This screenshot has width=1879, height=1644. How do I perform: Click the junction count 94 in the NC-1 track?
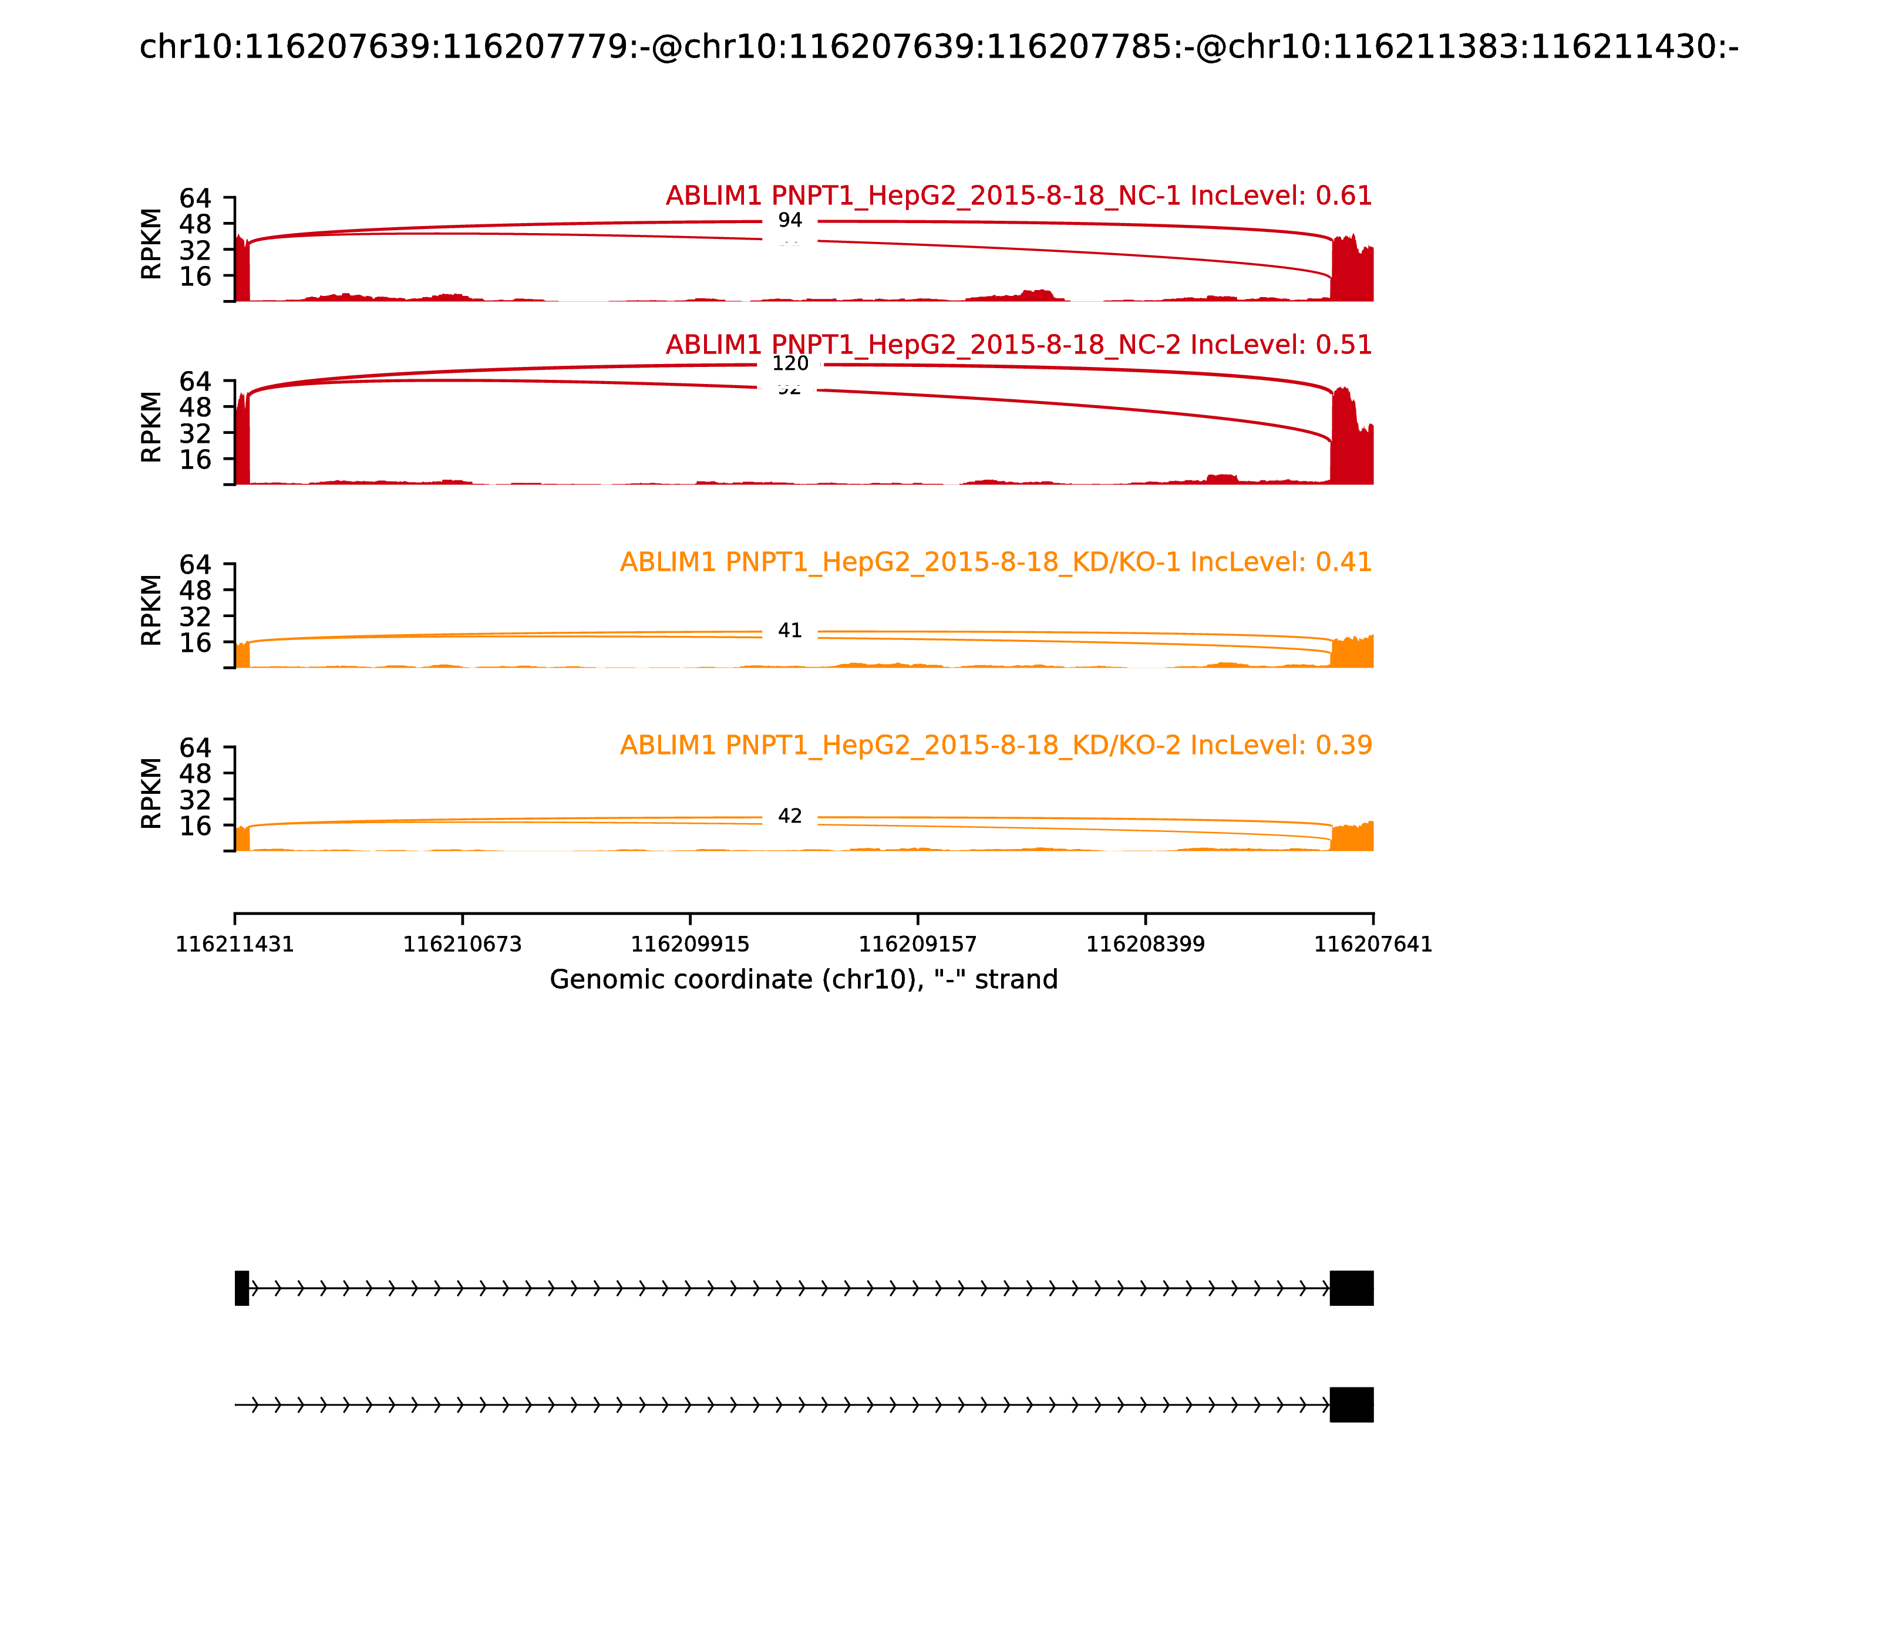[789, 220]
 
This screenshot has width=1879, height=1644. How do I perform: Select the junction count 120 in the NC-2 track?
[789, 363]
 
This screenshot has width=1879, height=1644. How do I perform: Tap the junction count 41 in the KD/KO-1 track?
[789, 630]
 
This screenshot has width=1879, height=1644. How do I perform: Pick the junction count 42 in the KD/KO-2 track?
[789, 816]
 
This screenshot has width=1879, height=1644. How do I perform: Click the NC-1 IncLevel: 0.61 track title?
[1018, 196]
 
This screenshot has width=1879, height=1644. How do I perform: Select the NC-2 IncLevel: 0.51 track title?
[1018, 345]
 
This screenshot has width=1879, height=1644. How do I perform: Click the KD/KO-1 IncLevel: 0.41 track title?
[995, 561]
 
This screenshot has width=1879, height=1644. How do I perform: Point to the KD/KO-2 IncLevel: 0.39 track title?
[995, 745]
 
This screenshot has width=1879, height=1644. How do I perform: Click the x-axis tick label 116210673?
[463, 945]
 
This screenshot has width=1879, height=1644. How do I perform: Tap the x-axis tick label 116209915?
[690, 945]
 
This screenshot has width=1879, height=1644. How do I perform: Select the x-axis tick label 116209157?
[917, 945]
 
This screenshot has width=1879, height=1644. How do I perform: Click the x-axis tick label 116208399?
[1145, 945]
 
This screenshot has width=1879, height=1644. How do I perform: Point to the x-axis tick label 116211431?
[235, 945]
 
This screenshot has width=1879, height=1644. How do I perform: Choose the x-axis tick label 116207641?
[1373, 945]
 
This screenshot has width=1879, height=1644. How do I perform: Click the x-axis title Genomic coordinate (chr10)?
[804, 980]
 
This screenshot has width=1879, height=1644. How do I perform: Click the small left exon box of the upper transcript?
[241, 1288]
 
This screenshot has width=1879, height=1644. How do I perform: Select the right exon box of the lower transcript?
[1352, 1404]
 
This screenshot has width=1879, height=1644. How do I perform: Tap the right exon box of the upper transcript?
[1352, 1288]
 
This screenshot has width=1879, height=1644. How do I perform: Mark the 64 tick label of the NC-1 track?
[194, 198]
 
